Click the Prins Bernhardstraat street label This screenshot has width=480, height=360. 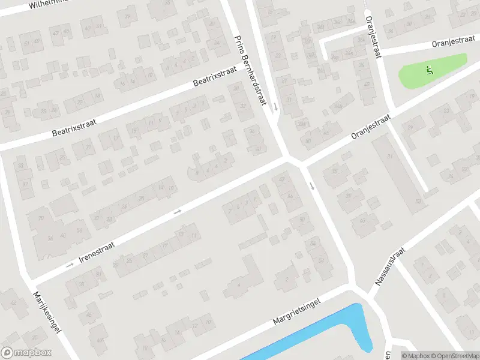click(249, 71)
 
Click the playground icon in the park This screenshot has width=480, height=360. click(428, 70)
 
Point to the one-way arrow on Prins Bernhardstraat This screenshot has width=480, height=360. click(275, 106)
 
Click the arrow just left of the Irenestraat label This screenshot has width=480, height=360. click(69, 265)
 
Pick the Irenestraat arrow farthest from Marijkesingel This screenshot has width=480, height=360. click(177, 211)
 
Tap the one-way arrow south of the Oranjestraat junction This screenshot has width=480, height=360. click(311, 184)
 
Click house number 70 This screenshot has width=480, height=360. click(41, 218)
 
